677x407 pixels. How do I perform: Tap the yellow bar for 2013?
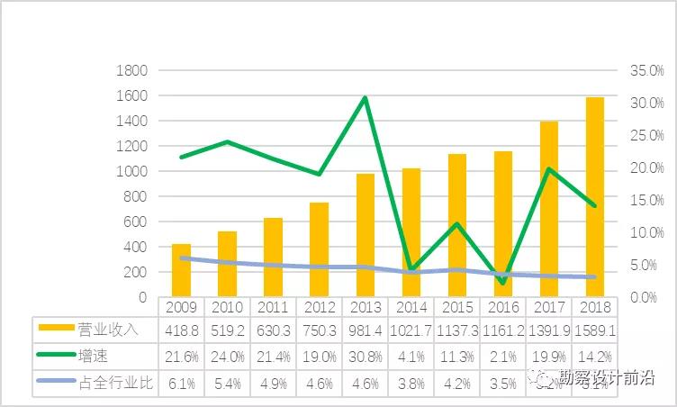click(x=366, y=235)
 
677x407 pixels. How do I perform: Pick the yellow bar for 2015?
click(x=457, y=225)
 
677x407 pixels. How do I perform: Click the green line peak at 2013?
click(x=366, y=97)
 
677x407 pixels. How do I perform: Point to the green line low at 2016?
click(x=502, y=284)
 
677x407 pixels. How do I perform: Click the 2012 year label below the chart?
click(x=319, y=306)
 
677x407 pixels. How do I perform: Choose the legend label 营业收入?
click(x=108, y=330)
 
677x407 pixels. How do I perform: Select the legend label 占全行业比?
click(x=117, y=383)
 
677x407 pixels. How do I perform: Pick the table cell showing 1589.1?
click(x=595, y=330)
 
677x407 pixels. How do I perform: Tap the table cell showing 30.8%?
click(x=366, y=356)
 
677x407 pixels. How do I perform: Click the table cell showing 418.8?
click(x=181, y=330)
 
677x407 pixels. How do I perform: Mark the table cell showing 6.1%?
click(x=181, y=383)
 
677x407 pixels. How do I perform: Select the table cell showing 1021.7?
click(x=411, y=330)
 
